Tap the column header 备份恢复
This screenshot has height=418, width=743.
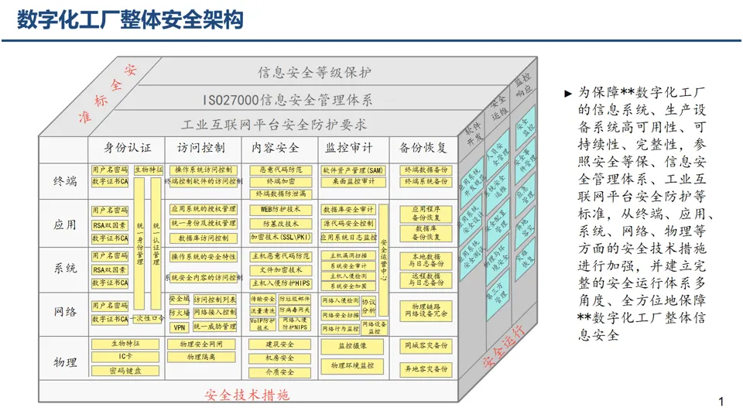423,147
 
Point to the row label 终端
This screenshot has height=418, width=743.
65,181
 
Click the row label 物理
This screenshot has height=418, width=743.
65,361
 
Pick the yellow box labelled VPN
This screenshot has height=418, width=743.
179,327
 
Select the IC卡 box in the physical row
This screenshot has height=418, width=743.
125,356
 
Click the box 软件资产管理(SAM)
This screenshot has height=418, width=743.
353,170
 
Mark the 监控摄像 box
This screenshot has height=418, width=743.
353,345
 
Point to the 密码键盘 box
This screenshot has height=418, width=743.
125,371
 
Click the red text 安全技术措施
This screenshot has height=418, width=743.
247,395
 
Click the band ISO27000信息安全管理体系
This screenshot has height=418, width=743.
287,100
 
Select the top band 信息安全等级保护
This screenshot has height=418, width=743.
313,73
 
